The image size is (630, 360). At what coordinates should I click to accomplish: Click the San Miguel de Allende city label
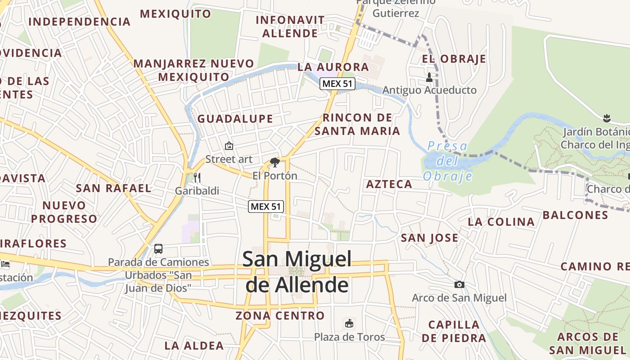point(297,272)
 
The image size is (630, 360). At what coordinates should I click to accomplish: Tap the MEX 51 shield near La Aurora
point(337,84)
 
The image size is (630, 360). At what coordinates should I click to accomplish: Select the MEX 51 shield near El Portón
point(266,207)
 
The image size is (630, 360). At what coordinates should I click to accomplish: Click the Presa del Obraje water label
point(447,161)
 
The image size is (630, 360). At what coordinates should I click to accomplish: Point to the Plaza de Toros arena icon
point(349,323)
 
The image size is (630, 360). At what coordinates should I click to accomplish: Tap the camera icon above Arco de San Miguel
point(459,284)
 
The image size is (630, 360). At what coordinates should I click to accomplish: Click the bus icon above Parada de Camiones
point(158,248)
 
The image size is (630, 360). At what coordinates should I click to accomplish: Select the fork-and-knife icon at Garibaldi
point(197,177)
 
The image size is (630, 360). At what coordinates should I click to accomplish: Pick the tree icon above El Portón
point(274,162)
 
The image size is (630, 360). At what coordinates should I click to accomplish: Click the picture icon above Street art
point(229,146)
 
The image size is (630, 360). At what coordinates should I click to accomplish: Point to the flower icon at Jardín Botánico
point(607,118)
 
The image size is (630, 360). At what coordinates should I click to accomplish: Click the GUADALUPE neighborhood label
point(235,119)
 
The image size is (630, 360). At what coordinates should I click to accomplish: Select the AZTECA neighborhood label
point(389,184)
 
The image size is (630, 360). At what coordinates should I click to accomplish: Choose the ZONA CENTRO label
point(280,315)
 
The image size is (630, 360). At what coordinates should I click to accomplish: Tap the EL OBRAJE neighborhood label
point(454,59)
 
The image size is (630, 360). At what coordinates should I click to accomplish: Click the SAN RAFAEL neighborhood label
point(113,188)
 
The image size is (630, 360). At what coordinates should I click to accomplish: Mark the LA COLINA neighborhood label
point(501,222)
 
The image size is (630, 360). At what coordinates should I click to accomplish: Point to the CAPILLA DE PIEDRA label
point(454,331)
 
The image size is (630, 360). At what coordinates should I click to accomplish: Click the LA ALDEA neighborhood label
point(194,346)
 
